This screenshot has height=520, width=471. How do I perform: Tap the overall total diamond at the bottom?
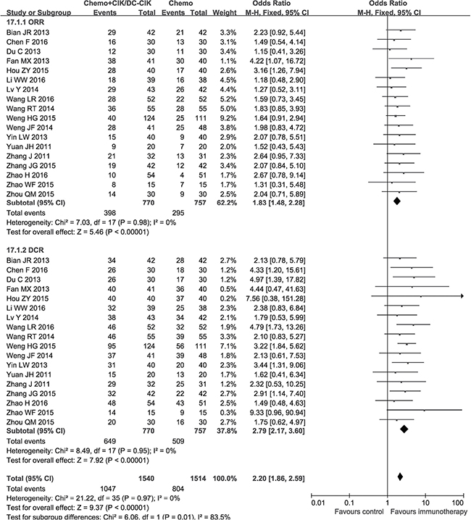pos(399,477)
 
